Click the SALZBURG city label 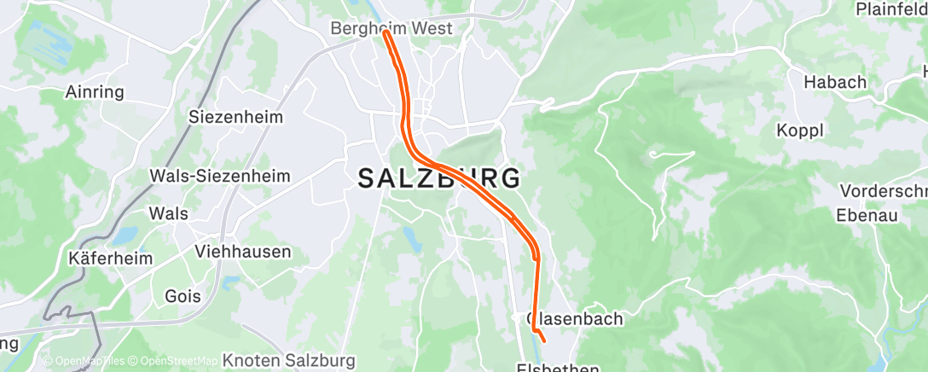pos(439,179)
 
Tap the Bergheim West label pos(391,28)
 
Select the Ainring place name pos(95,92)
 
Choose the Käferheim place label pos(111,258)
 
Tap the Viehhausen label pos(243,252)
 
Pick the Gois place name pos(183,296)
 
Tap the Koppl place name pos(799,131)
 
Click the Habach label pos(835,83)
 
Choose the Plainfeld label pos(892,9)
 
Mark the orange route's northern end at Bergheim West pos(386,33)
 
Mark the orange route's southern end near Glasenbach pos(543,342)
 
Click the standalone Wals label pos(168,213)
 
